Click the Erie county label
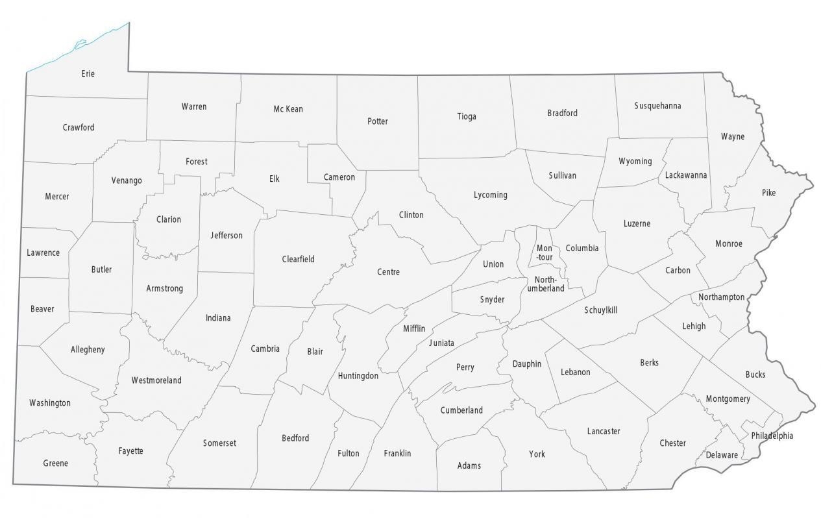click(88, 74)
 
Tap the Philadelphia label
click(772, 436)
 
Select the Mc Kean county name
click(288, 109)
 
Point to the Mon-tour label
click(545, 253)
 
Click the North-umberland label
click(545, 284)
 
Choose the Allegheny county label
click(88, 350)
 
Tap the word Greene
click(55, 463)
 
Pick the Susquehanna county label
click(657, 106)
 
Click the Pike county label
click(768, 193)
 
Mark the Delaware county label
click(722, 455)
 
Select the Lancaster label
click(604, 431)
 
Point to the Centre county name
click(388, 272)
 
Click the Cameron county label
click(339, 177)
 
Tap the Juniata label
click(441, 343)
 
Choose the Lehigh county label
click(694, 326)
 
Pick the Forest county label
click(196, 162)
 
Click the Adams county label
click(469, 465)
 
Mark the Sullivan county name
click(562, 175)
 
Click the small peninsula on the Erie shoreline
click(80, 45)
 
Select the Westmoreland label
click(156, 380)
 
